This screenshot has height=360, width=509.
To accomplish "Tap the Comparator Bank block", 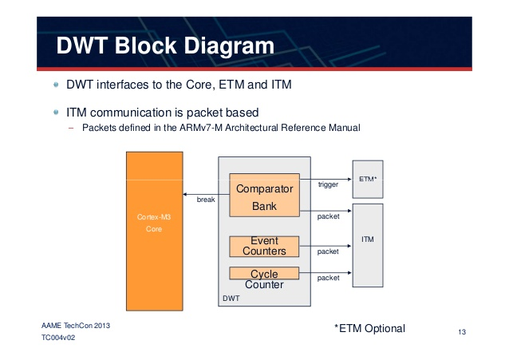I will click(x=264, y=195).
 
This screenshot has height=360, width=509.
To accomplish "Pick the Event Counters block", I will click(x=264, y=246).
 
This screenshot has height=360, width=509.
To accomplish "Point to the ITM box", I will click(x=368, y=239).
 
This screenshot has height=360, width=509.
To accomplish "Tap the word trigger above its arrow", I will click(x=328, y=184).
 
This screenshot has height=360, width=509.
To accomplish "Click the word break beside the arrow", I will click(x=206, y=200).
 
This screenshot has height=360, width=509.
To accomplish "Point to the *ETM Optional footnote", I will click(x=370, y=328).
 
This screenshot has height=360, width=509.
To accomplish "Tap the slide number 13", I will click(x=461, y=331).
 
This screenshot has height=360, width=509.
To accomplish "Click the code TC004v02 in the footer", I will click(x=59, y=338).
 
